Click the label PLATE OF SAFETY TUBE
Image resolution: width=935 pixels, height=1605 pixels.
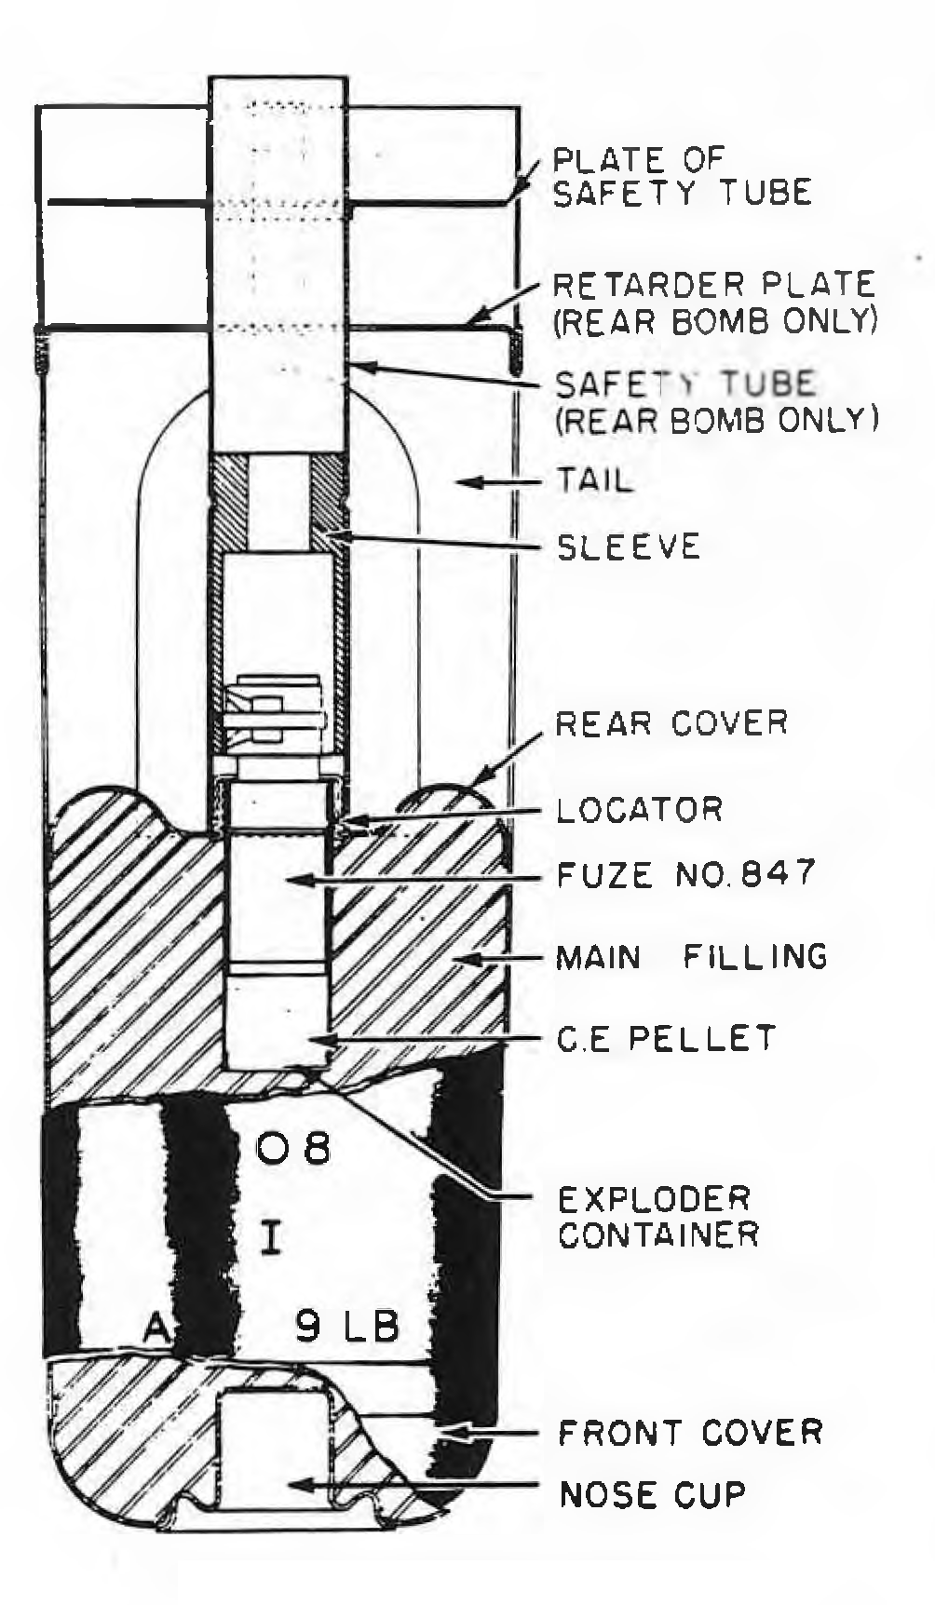coord(682,176)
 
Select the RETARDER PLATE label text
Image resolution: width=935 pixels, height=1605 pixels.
coord(715,283)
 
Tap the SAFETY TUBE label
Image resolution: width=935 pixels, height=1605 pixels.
coord(685,384)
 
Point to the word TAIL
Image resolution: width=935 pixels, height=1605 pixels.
coord(594,481)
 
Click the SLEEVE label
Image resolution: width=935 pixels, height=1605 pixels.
coord(628,546)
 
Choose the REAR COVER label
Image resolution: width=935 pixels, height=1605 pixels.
coord(671,723)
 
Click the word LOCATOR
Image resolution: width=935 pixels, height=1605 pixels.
coord(639,809)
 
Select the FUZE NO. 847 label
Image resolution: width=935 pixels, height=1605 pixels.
coord(685,874)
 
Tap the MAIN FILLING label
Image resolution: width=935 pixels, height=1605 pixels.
coord(691,957)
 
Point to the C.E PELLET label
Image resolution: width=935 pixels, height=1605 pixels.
coord(666,1038)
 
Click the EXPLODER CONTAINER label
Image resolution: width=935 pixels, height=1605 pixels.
coord(658,1216)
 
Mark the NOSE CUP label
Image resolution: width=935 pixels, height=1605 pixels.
coord(652,1495)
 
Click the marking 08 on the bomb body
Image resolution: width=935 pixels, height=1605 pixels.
coord(292,1149)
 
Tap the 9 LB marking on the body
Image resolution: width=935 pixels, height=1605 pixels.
coord(347,1326)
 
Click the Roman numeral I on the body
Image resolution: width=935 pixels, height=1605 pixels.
coord(271,1238)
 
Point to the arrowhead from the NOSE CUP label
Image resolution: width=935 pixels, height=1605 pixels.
coord(300,1484)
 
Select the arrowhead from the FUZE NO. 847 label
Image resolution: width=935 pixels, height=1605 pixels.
coord(298,879)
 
